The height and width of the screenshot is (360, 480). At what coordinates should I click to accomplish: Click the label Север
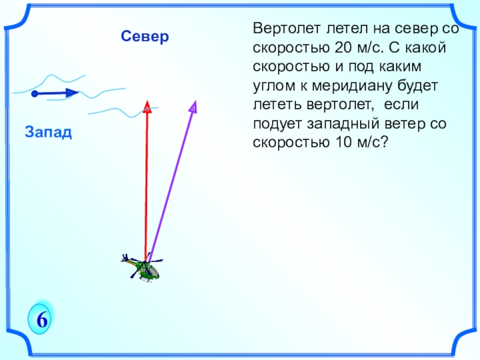point(145,37)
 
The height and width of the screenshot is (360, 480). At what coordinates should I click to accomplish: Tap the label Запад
point(49,131)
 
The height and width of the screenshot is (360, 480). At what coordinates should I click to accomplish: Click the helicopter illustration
point(142,268)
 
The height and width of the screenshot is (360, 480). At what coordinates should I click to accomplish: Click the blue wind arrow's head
point(72,93)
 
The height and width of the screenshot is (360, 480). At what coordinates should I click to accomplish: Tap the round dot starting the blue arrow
point(35,94)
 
